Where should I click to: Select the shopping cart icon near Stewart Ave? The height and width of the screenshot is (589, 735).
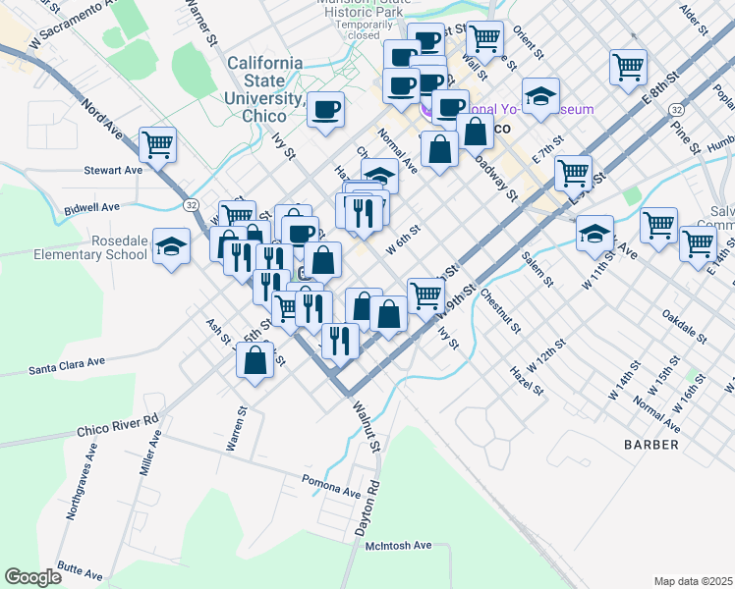point(157,144)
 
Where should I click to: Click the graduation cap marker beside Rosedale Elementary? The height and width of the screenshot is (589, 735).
point(172,246)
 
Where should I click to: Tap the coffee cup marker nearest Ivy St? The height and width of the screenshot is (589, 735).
point(325,109)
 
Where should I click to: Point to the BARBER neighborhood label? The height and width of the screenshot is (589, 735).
point(650,445)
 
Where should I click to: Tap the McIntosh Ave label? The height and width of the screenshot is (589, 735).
point(407,545)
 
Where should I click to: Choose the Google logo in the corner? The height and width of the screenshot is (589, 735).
point(33,576)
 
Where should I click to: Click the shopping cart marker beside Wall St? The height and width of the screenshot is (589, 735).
point(484,39)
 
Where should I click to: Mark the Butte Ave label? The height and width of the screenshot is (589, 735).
point(82,568)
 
